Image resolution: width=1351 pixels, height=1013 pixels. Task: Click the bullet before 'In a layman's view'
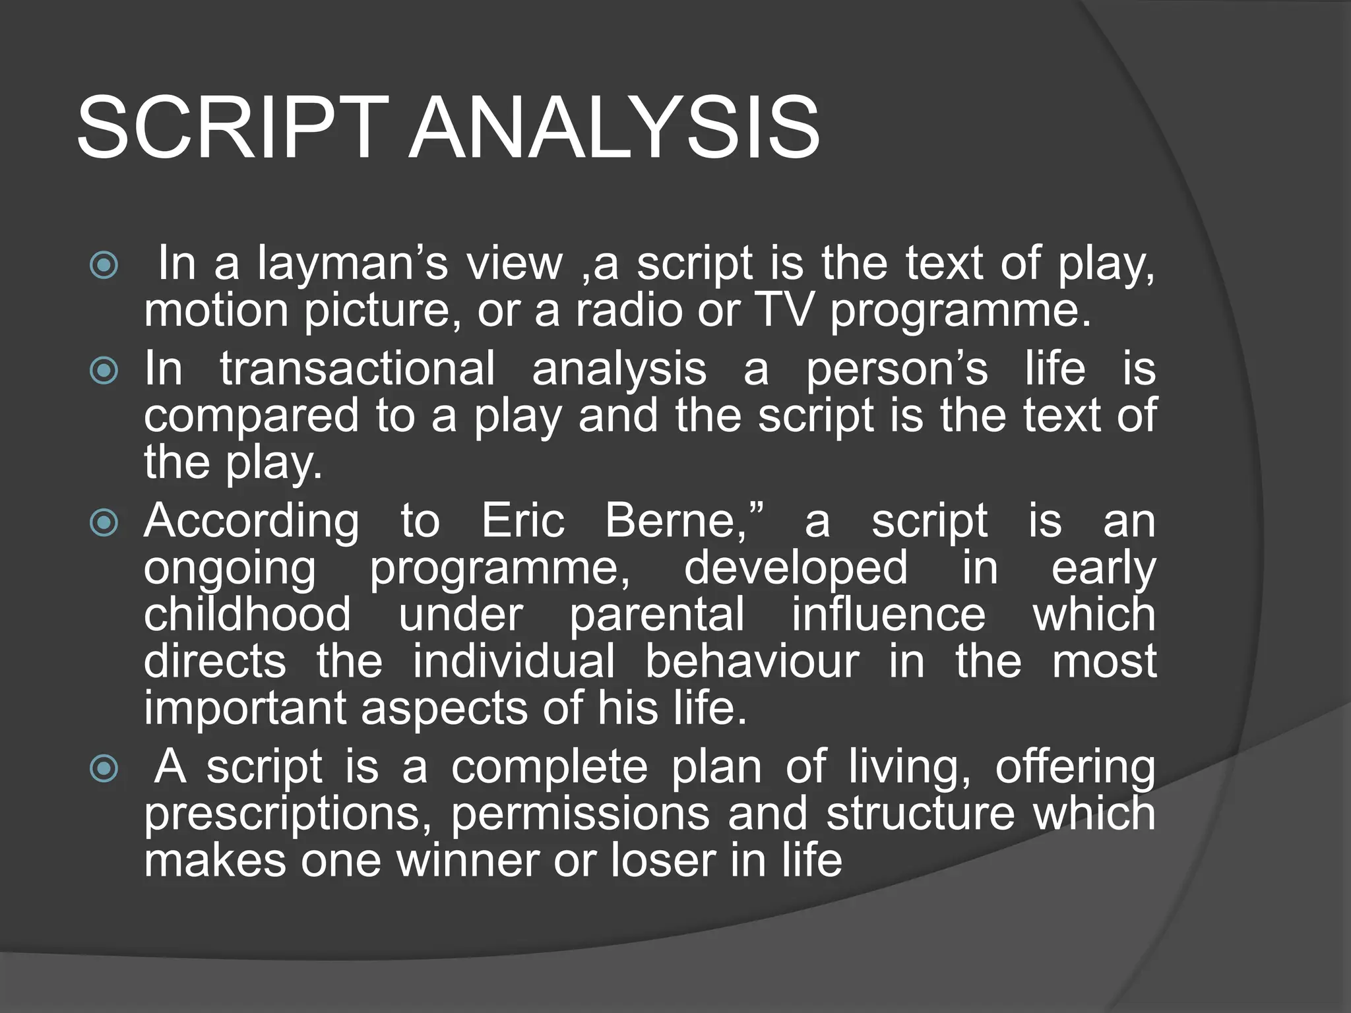(x=104, y=265)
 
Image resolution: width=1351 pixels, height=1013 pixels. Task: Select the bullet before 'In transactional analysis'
(x=104, y=371)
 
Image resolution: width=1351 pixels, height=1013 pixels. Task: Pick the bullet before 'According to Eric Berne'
(x=104, y=523)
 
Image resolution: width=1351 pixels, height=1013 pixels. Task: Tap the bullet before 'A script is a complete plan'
(x=104, y=768)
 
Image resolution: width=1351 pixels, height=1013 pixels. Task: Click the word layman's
(x=352, y=264)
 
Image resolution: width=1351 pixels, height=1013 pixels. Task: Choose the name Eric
(x=522, y=521)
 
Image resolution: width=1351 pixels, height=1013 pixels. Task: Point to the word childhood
(x=247, y=615)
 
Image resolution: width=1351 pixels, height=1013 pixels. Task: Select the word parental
(x=657, y=615)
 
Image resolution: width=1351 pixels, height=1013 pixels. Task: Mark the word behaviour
(x=751, y=661)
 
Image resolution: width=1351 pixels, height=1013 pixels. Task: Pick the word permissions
(x=581, y=813)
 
